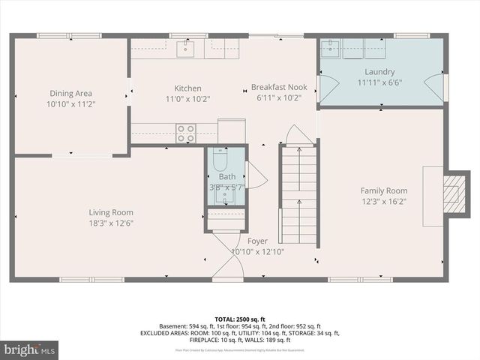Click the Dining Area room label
coord(70,93)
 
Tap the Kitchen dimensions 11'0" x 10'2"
coord(187,98)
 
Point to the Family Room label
coord(383,190)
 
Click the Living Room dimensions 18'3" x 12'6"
coord(111,223)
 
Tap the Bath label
coord(226,177)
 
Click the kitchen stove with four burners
coord(186,133)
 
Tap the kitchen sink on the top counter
coord(185,49)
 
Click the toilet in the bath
coord(220,160)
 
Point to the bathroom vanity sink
coord(225,196)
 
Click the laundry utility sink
coord(330,49)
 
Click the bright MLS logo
coord(30,349)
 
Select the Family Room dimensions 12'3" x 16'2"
coord(383,201)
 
